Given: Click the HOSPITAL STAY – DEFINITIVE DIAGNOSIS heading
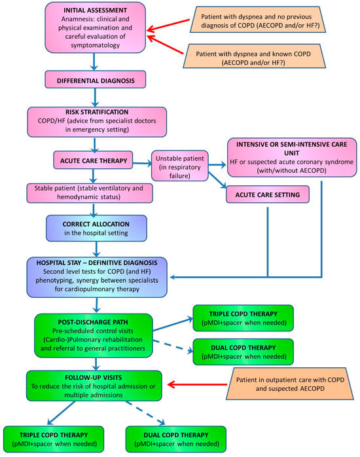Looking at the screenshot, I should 98,263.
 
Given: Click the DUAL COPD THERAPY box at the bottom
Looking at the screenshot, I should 175,439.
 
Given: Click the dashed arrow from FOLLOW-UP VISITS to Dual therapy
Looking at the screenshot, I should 141,412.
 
